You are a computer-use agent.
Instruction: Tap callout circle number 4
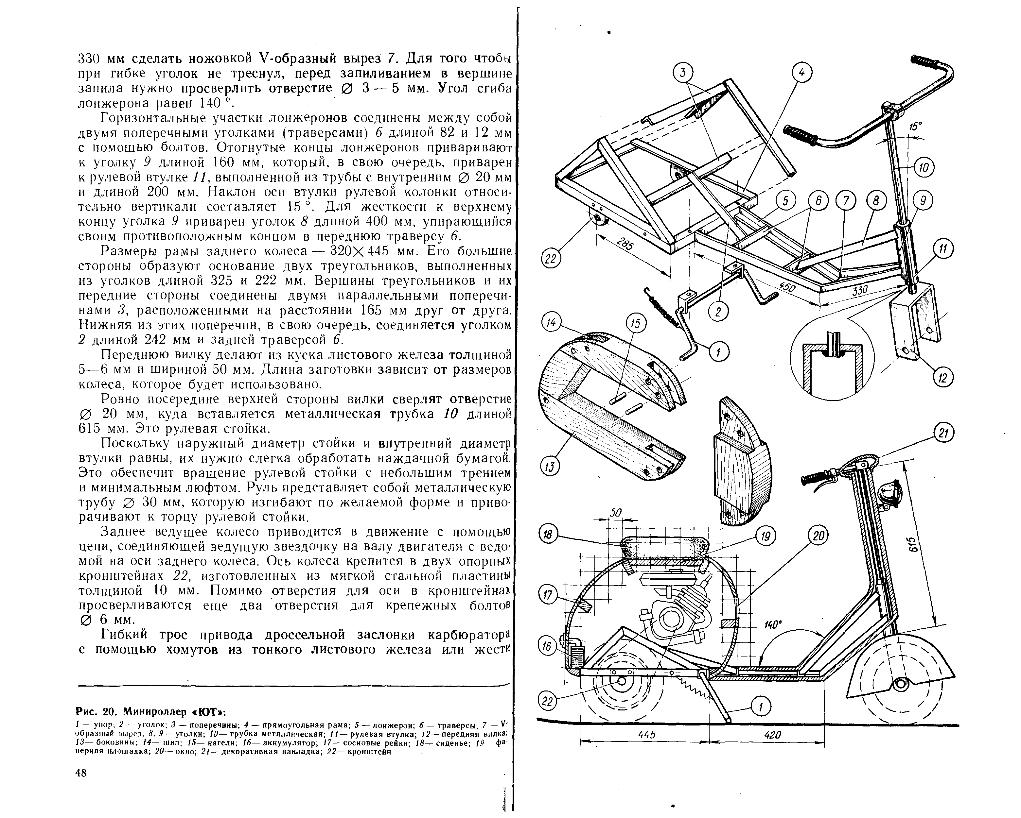click(802, 73)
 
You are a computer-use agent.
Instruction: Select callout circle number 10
click(924, 168)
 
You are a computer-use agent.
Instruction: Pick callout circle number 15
click(636, 324)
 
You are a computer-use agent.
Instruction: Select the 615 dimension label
click(914, 544)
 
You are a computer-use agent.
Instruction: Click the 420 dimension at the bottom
click(772, 734)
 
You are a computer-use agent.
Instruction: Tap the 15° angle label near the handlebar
click(915, 127)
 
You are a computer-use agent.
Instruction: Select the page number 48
click(81, 773)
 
